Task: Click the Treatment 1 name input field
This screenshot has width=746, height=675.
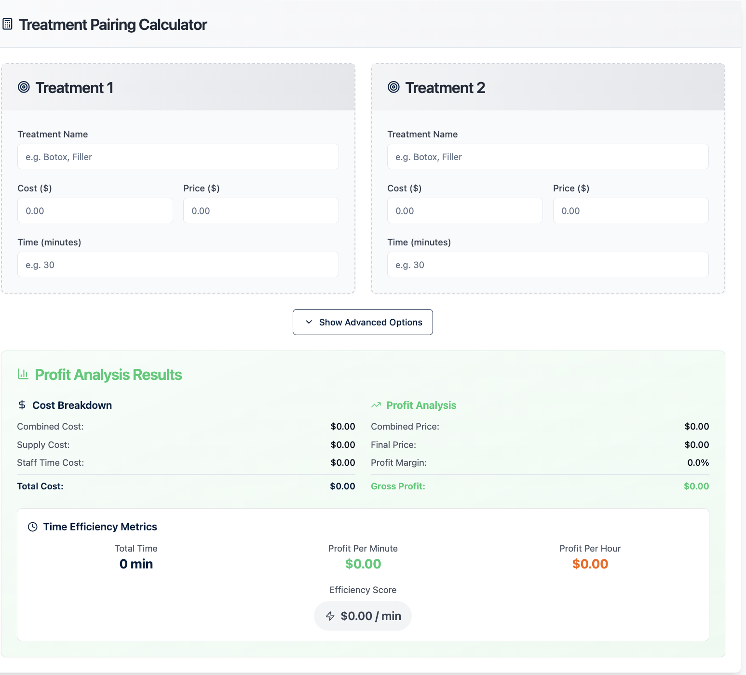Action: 178,157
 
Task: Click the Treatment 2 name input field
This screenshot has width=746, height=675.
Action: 548,157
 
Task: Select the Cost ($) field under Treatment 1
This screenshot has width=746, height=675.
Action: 95,211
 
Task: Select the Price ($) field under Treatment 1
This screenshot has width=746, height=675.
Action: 261,211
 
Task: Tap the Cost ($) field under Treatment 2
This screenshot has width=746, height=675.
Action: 465,211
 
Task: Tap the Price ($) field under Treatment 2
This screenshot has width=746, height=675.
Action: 631,211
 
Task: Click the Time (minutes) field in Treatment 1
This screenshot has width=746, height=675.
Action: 178,265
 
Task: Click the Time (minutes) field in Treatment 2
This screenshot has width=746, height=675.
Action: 548,265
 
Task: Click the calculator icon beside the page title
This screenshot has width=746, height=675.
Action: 7,24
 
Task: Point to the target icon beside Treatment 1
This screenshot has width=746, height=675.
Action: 24,87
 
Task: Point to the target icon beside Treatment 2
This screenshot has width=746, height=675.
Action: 393,87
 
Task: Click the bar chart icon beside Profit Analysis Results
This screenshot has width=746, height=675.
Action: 23,374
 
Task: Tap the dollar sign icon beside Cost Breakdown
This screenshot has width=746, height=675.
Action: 22,405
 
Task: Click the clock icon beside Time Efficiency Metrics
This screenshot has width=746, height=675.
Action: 32,527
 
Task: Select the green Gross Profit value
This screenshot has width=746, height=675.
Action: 696,486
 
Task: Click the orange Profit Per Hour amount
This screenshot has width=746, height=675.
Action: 590,564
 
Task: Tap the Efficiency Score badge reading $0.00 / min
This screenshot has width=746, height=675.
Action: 363,616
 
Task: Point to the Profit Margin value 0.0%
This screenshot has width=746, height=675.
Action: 698,462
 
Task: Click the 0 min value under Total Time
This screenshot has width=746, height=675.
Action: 136,564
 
